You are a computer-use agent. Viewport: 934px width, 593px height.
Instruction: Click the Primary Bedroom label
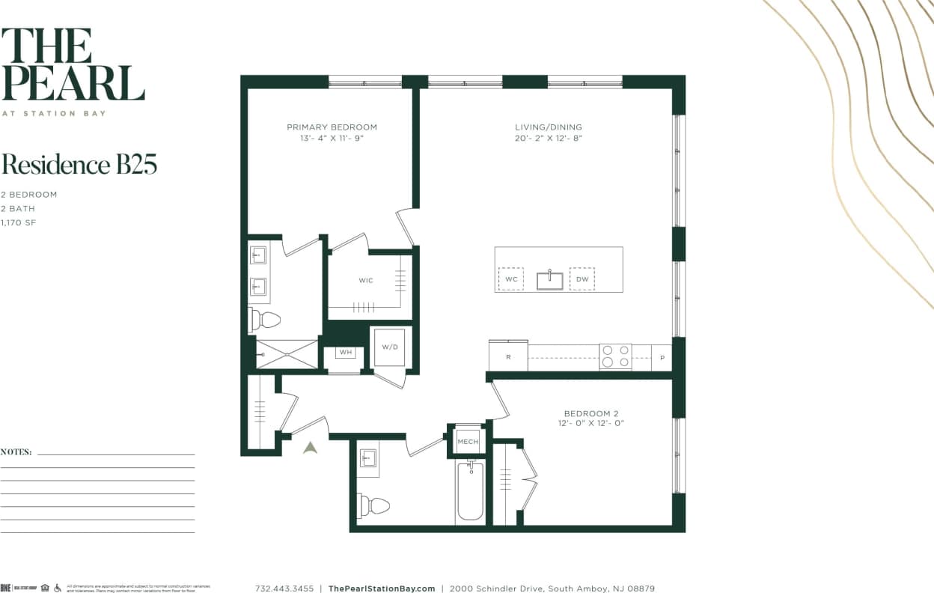click(x=332, y=127)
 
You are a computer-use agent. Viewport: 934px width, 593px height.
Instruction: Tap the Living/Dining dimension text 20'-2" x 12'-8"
click(x=548, y=139)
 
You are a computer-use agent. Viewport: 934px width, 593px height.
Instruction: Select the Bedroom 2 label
click(x=590, y=413)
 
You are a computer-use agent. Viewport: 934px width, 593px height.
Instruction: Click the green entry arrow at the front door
click(x=310, y=447)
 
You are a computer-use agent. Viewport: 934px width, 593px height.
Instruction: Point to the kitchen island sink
click(x=549, y=280)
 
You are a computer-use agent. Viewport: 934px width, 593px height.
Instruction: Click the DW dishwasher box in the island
click(x=582, y=279)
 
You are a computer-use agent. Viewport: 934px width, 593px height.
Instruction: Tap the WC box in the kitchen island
click(x=511, y=279)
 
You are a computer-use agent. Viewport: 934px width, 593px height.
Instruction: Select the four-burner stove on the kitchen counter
click(x=615, y=356)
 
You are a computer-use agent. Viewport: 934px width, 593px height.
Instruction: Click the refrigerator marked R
click(x=508, y=356)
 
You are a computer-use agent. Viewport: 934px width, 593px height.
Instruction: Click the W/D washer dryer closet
click(x=389, y=347)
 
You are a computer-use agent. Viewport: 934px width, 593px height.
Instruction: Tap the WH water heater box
click(x=346, y=352)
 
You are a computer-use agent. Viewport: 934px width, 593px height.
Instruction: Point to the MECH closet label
click(x=468, y=442)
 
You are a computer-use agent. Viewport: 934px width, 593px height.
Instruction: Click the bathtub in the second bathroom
click(x=470, y=491)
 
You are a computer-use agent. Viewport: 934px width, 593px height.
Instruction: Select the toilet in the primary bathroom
click(x=264, y=320)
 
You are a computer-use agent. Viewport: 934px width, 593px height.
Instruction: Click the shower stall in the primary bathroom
click(x=287, y=354)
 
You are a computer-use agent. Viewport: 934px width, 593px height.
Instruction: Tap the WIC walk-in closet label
click(x=366, y=281)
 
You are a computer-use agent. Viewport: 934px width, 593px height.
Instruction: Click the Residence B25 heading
click(x=79, y=165)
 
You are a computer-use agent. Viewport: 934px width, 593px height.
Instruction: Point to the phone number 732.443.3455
click(x=284, y=589)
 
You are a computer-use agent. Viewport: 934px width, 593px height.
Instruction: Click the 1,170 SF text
click(x=19, y=222)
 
